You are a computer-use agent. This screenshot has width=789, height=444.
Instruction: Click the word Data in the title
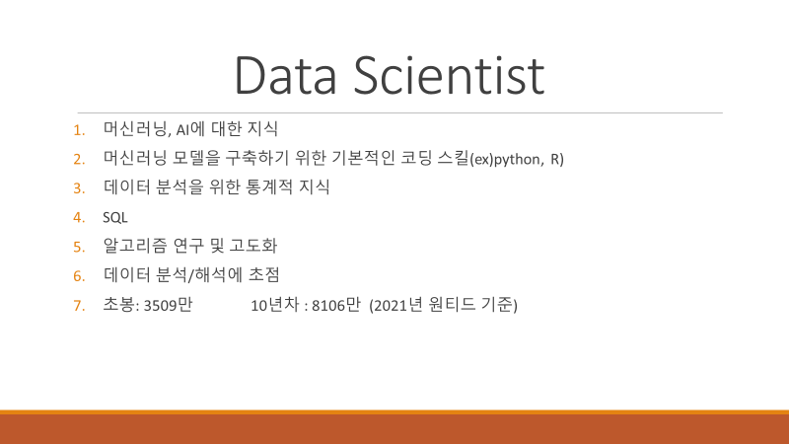pyautogui.click(x=285, y=76)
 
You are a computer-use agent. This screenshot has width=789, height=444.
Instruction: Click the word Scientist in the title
pyautogui.click(x=449, y=76)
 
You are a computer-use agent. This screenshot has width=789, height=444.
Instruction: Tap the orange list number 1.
pyautogui.click(x=79, y=130)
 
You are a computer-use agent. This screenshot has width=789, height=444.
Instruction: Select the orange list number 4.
pyautogui.click(x=79, y=217)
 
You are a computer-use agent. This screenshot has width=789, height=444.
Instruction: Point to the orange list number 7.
pyautogui.click(x=79, y=306)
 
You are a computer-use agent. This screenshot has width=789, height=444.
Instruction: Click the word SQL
pyautogui.click(x=115, y=217)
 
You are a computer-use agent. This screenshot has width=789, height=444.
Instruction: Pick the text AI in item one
pyautogui.click(x=182, y=130)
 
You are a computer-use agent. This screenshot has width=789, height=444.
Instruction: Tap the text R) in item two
pyautogui.click(x=557, y=159)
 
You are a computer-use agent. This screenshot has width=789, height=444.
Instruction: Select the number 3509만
pyautogui.click(x=168, y=305)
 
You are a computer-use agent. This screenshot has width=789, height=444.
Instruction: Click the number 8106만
pyautogui.click(x=336, y=305)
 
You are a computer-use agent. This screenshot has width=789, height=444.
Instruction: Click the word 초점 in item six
pyautogui.click(x=263, y=275)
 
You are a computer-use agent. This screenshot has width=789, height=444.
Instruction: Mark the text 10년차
pyautogui.click(x=275, y=305)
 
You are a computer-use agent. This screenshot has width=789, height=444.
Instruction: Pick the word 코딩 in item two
pyautogui.click(x=416, y=158)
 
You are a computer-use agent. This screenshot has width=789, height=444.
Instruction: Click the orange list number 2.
pyautogui.click(x=79, y=159)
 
